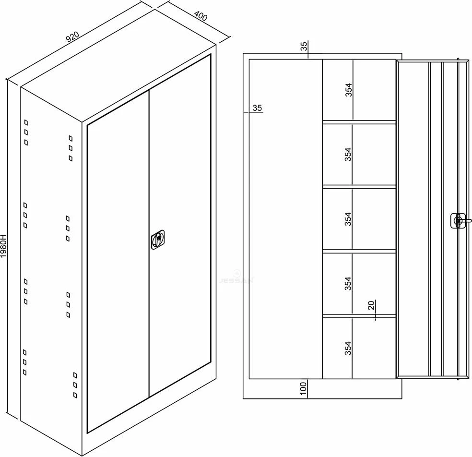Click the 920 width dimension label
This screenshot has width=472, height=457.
tap(72, 36)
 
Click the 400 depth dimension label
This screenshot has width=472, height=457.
tap(201, 16)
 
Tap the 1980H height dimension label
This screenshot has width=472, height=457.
tap(3, 246)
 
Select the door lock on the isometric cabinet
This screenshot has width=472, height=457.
tap(158, 240)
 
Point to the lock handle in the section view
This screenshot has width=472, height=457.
tap(460, 221)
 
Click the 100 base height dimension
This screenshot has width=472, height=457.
tap(303, 388)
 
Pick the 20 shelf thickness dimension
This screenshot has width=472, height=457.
tap(371, 305)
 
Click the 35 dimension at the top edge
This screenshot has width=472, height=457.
tap(304, 46)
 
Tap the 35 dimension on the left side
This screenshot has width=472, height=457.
tap(257, 108)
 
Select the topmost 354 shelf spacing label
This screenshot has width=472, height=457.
tap(348, 89)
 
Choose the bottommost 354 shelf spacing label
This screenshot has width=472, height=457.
tap(348, 348)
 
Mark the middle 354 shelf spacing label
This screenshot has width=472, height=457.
tap(348, 219)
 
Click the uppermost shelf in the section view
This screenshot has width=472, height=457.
tap(359, 122)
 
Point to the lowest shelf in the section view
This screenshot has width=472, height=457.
tap(359, 316)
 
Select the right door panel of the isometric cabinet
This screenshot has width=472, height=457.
tap(180, 225)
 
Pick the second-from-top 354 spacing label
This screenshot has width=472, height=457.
tap(348, 154)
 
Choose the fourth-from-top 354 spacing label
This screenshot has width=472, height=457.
tap(348, 284)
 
